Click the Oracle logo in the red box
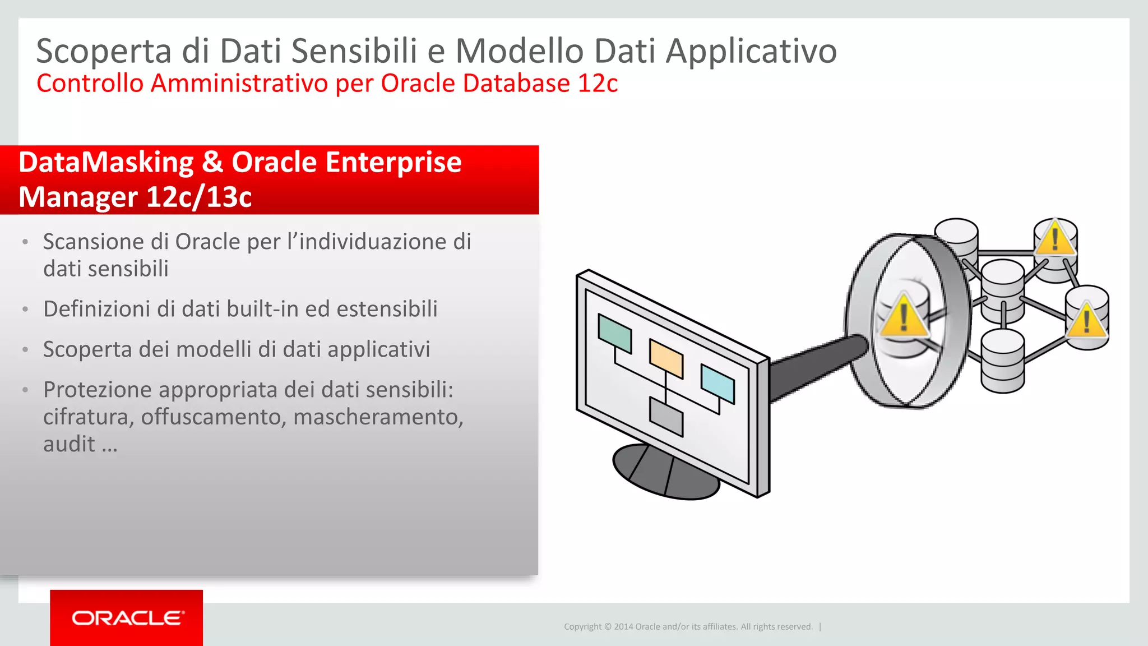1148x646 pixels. (x=127, y=618)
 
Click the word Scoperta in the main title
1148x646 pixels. (x=104, y=51)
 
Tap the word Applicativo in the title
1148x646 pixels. (x=751, y=51)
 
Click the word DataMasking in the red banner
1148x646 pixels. (x=107, y=163)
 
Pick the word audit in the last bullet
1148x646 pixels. (x=69, y=444)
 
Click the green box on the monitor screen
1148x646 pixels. (x=614, y=333)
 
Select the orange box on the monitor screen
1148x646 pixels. (x=666, y=358)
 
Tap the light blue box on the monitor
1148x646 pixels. (x=717, y=384)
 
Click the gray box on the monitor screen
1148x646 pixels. (x=666, y=417)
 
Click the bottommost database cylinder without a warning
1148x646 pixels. (x=1002, y=361)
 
